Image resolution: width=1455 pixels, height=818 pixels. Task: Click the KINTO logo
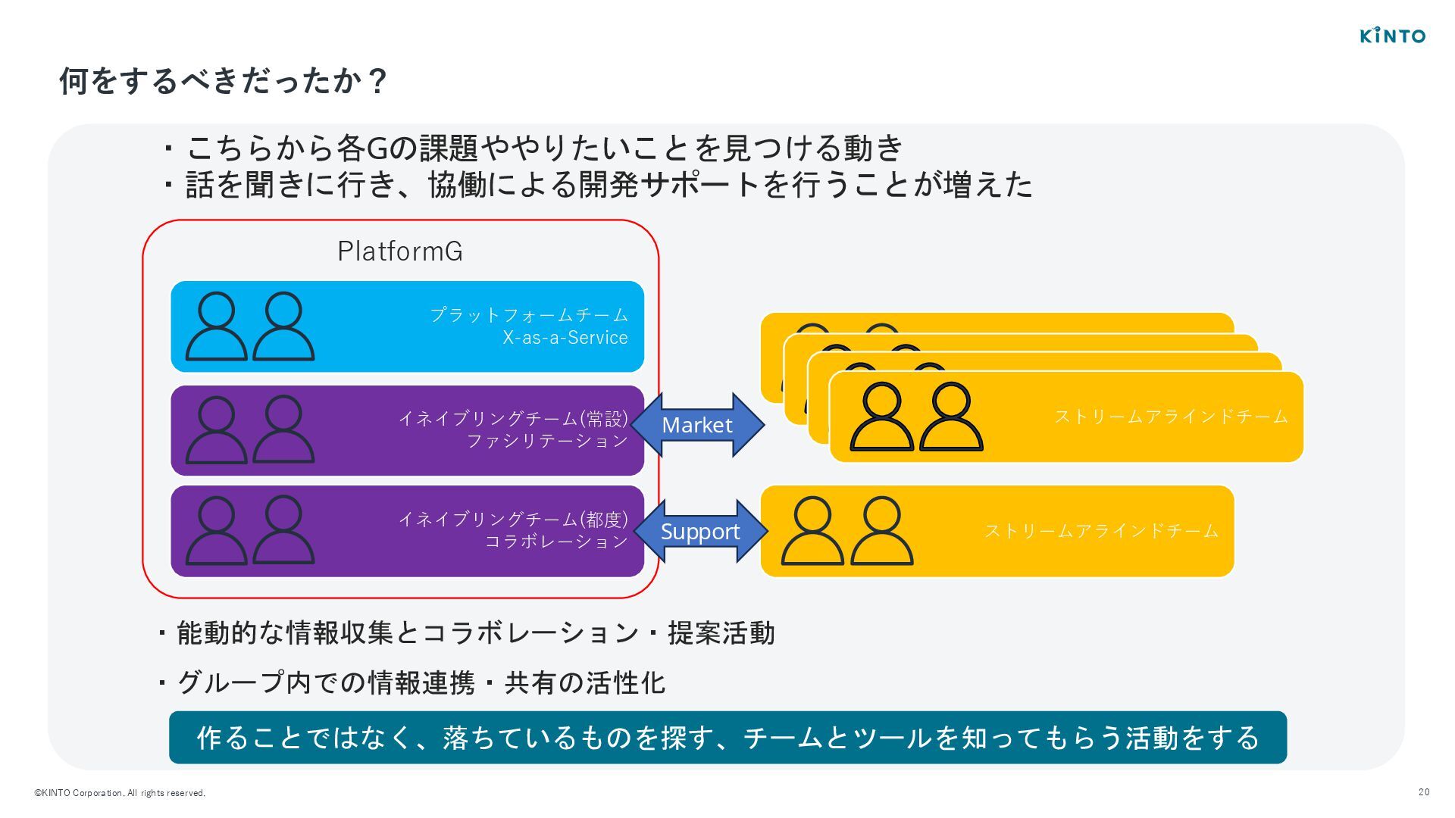click(x=1393, y=36)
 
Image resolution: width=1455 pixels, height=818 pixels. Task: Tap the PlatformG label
click(x=400, y=251)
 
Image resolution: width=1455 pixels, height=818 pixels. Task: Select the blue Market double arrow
click(x=697, y=425)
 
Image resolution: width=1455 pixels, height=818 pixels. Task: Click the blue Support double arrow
click(x=700, y=531)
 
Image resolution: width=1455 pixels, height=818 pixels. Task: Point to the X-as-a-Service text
click(x=565, y=338)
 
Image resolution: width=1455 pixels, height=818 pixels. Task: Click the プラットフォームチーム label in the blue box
click(x=529, y=314)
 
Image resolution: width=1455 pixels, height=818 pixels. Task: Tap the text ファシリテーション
click(x=547, y=441)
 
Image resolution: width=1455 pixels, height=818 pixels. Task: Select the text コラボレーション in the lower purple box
click(x=557, y=542)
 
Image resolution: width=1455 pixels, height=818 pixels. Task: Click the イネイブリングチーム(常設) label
click(x=513, y=418)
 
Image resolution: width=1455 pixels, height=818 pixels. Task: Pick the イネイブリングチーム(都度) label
click(x=513, y=519)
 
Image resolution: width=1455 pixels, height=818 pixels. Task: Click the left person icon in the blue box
click(x=217, y=326)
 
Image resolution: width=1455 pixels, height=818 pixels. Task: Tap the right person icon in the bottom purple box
click(x=283, y=530)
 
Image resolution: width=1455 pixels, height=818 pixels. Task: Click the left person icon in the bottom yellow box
click(x=812, y=531)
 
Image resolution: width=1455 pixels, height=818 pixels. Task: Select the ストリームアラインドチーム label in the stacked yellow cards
click(x=1171, y=417)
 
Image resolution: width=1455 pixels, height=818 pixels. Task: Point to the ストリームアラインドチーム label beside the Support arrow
click(x=1101, y=531)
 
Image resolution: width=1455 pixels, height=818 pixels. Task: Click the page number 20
click(x=1424, y=792)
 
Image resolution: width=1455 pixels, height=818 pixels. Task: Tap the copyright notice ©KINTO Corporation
click(x=120, y=793)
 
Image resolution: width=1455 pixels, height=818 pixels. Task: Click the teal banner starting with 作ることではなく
click(x=727, y=737)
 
